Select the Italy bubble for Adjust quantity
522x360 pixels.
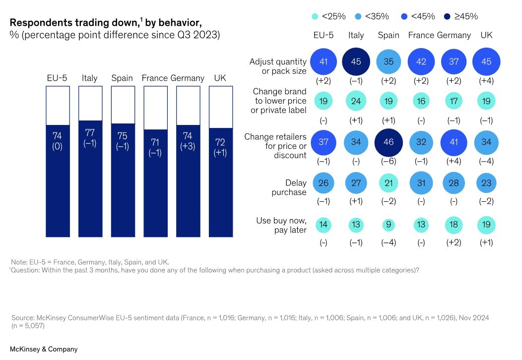356,62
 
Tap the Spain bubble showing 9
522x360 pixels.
389,225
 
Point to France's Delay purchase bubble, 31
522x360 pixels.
421,183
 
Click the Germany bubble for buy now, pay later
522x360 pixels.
454,225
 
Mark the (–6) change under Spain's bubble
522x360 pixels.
389,162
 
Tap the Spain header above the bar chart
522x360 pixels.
122,78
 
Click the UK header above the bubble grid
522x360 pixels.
486,35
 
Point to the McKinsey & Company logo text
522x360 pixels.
44,349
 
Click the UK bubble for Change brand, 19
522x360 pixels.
486,101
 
